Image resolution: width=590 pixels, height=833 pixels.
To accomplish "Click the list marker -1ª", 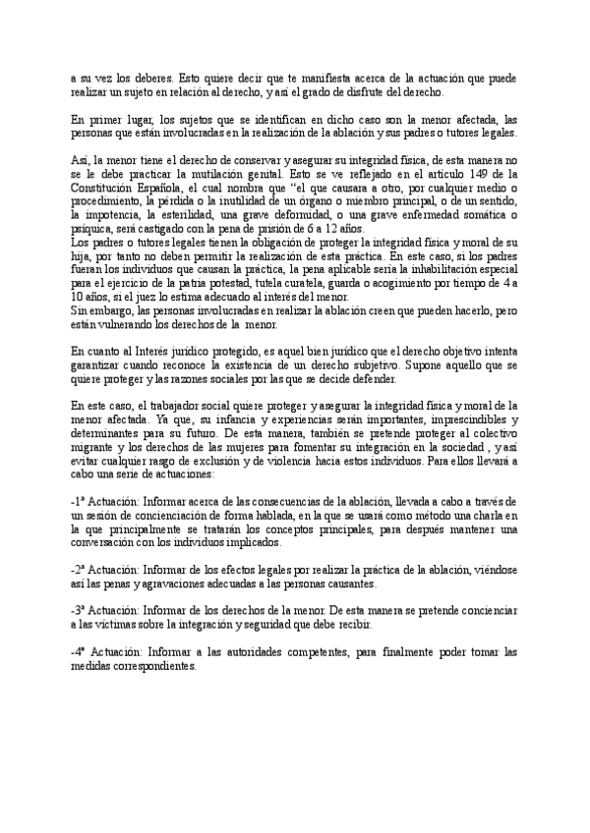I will [x=81, y=501].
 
